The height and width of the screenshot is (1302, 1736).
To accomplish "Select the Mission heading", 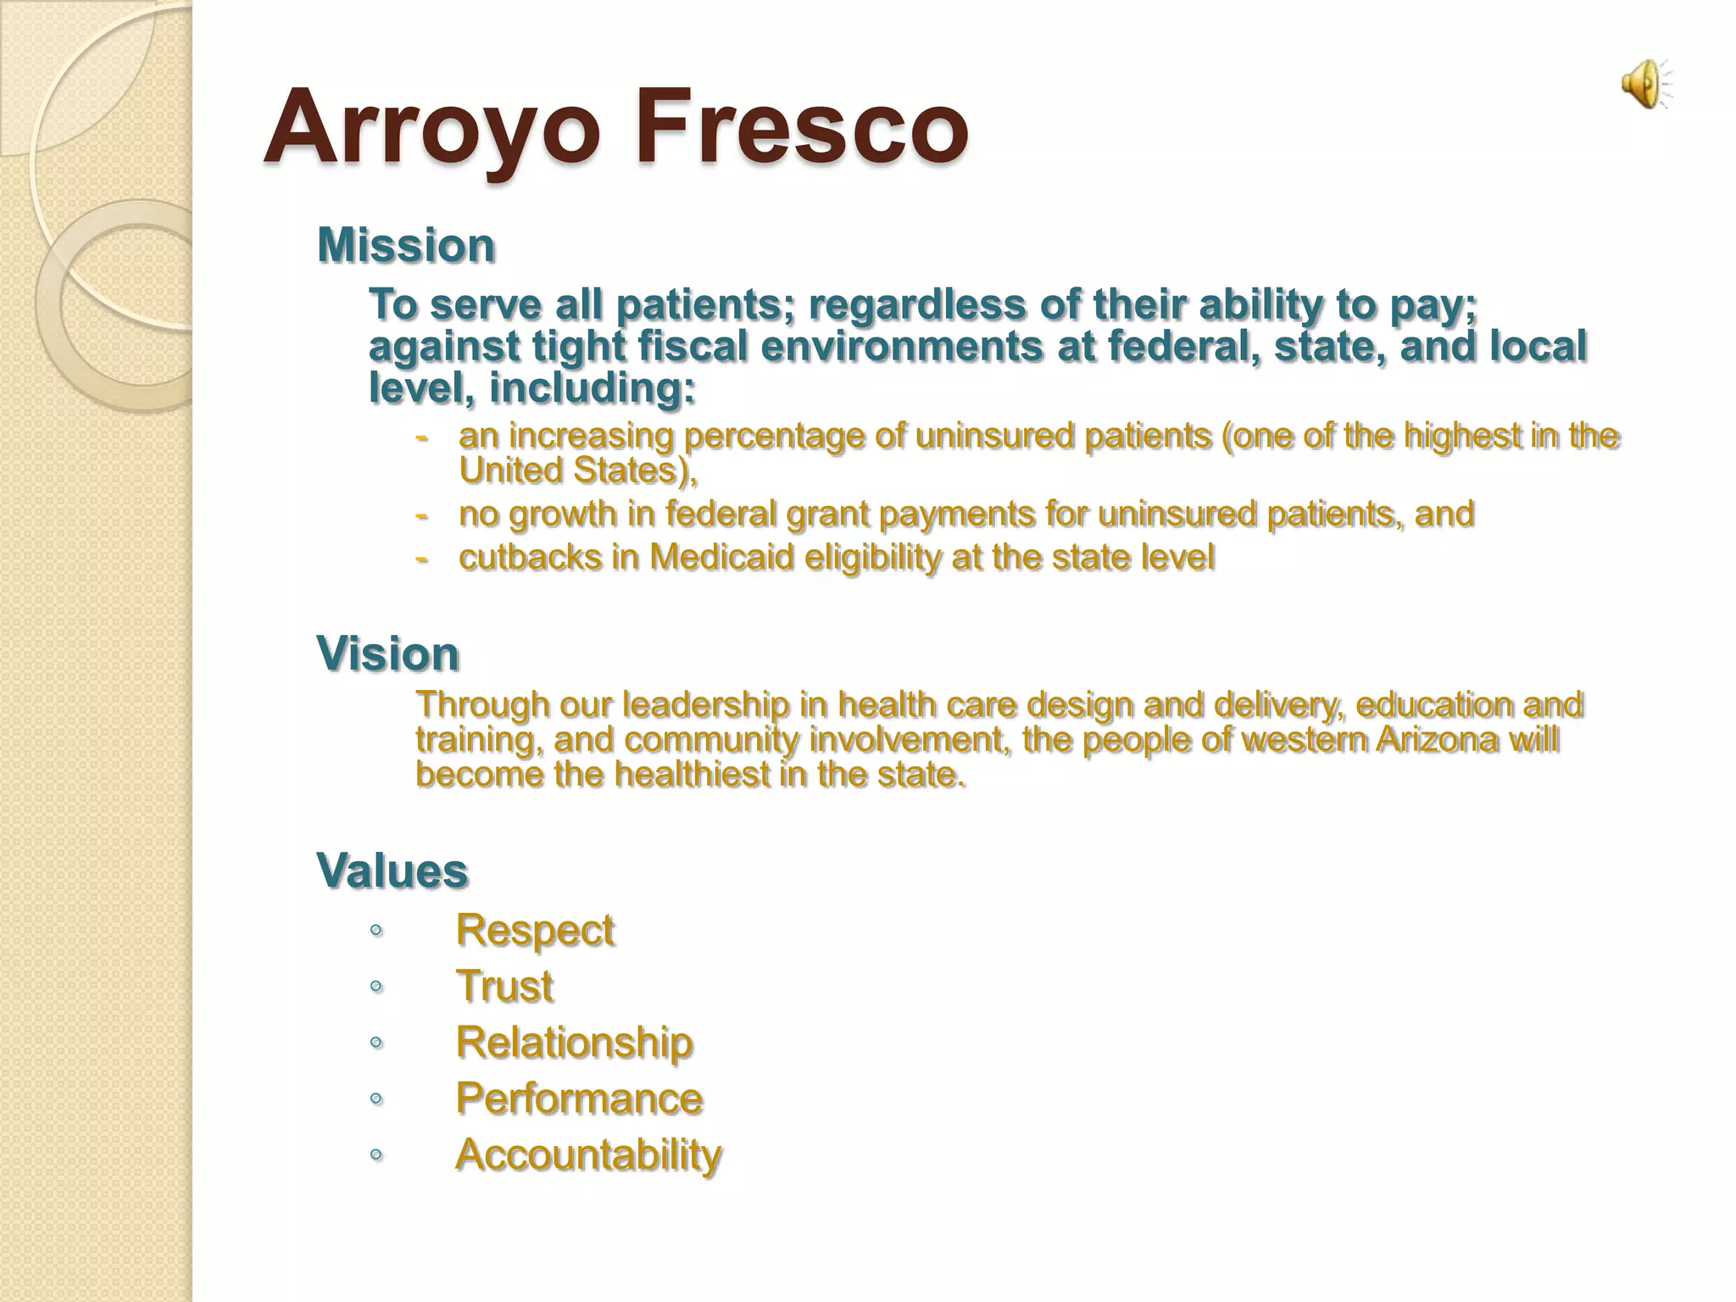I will pos(405,246).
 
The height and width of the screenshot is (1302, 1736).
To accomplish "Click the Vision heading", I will pos(387,654).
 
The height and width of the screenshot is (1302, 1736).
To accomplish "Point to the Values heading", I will pos(392,871).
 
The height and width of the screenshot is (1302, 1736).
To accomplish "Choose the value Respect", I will pos(534,930).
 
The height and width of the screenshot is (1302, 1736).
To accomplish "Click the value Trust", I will pos(504,986).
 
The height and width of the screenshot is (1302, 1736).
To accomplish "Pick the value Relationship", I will pos(574,1042).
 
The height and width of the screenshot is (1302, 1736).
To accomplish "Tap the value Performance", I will pos(579,1099).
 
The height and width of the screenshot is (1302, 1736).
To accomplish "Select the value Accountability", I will pos(588,1155).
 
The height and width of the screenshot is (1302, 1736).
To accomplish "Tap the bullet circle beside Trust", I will pos(376,987).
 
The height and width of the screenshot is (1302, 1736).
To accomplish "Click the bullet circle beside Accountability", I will pos(376,1155).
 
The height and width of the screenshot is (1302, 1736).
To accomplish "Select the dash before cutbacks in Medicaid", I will pos(421,558).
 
